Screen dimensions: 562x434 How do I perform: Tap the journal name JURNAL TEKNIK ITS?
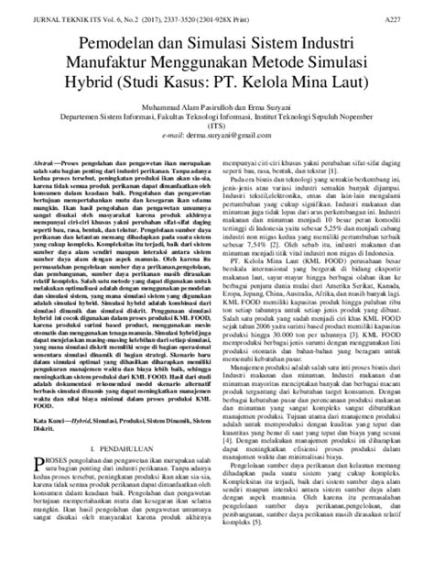click(62, 18)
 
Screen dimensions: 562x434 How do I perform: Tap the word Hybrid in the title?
click(96, 83)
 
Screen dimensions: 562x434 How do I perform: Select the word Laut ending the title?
click(348, 83)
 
